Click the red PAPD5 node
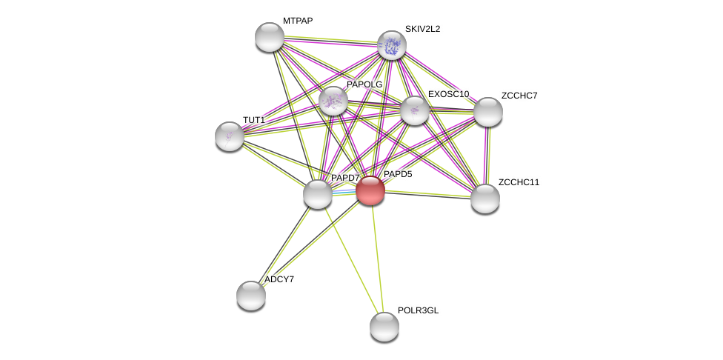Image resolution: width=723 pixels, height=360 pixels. tap(370, 190)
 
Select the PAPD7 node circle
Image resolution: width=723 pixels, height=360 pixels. tap(318, 194)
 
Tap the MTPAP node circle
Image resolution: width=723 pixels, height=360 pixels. tap(270, 37)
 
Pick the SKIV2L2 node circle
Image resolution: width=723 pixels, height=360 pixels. tap(391, 45)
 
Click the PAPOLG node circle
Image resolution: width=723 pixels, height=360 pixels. tap(333, 100)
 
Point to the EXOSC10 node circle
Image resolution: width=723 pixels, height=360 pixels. tap(415, 110)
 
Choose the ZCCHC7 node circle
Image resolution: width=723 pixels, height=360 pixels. tap(487, 112)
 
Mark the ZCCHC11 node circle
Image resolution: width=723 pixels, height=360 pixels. tap(485, 199)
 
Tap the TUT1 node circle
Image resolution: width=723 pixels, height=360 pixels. tap(230, 136)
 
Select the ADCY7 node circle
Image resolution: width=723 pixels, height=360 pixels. tap(251, 296)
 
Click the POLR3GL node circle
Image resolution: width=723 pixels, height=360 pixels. tap(384, 327)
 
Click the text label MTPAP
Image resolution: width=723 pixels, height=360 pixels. tap(298, 21)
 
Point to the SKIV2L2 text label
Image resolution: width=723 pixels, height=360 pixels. tap(422, 29)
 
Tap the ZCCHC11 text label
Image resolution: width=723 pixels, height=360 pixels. tap(519, 182)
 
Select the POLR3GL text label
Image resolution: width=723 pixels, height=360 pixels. tap(418, 310)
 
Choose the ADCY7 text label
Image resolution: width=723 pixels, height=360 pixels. tap(279, 279)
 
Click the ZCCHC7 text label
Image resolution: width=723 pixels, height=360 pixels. tap(519, 96)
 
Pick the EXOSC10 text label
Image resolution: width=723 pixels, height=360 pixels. tap(448, 94)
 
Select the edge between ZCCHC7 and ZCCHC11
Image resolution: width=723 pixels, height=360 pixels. tap(487, 156)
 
